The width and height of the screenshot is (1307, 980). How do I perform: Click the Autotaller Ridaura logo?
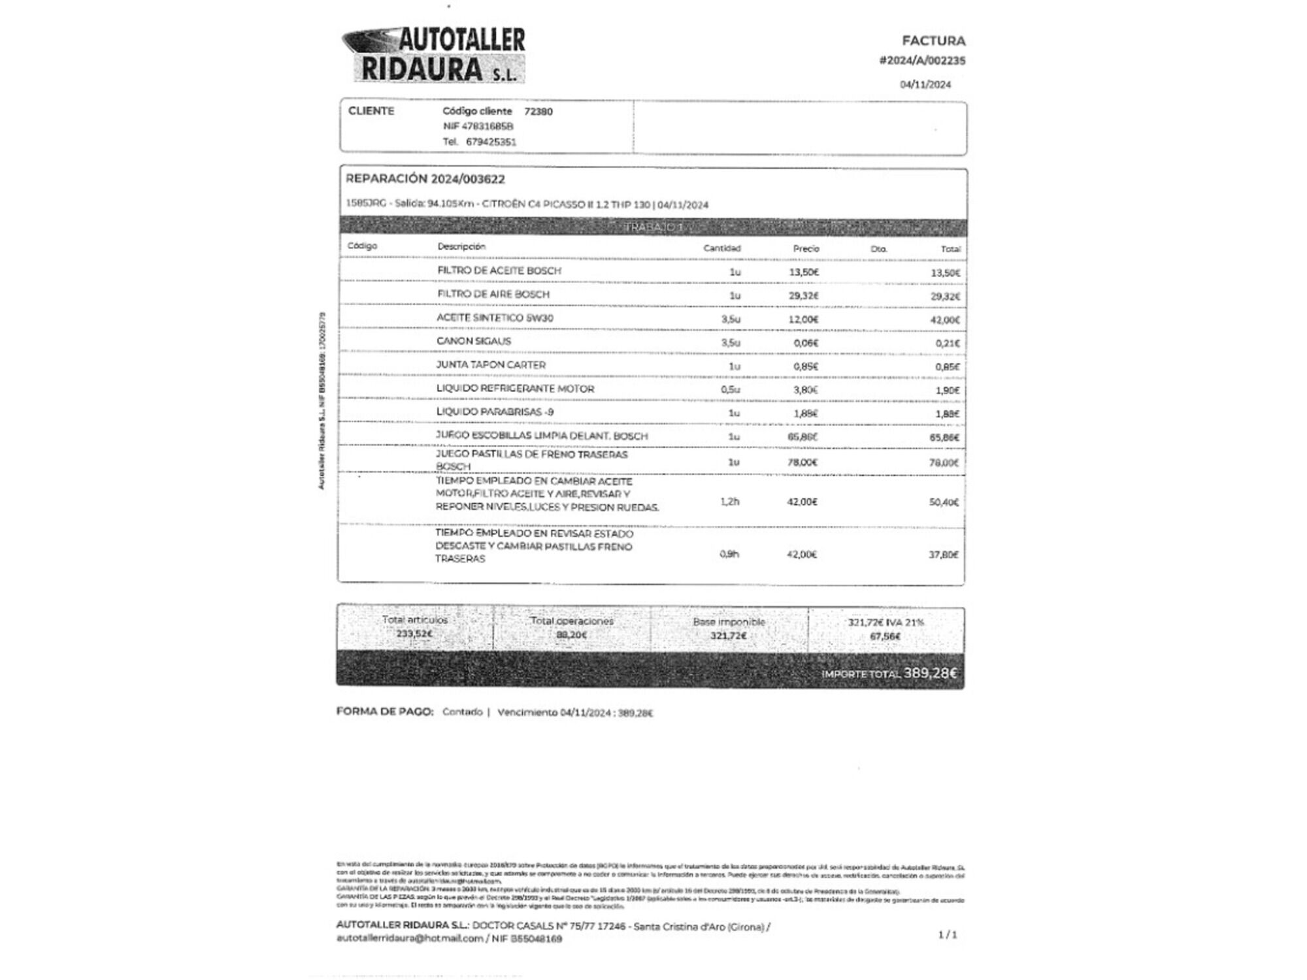point(434,55)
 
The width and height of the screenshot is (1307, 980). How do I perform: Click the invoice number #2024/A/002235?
point(922,61)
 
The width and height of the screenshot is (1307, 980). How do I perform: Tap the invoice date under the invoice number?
point(925,84)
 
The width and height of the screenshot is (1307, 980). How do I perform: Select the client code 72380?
point(538,112)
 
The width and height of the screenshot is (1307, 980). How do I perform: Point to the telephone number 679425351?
point(491,142)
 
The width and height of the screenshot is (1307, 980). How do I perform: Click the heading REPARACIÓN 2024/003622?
point(425,179)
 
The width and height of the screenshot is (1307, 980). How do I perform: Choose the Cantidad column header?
point(721,248)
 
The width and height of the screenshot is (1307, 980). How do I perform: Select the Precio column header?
point(806,248)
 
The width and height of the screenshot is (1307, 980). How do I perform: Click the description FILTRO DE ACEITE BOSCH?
point(499,270)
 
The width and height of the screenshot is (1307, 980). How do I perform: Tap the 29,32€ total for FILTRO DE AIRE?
point(945,297)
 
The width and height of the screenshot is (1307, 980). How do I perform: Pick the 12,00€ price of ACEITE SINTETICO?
point(803,319)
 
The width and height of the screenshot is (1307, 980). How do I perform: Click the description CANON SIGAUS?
point(474,341)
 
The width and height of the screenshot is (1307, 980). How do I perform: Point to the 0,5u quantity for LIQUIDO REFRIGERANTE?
point(730,390)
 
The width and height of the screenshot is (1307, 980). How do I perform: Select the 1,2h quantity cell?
point(729,502)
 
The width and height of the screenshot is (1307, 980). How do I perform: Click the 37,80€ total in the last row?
point(943,555)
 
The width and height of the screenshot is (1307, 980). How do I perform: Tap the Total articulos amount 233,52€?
point(414,634)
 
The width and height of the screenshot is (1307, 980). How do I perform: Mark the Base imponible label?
point(729,622)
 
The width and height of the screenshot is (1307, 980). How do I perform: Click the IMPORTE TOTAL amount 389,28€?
point(930,673)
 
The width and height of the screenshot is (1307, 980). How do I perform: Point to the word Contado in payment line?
point(462,712)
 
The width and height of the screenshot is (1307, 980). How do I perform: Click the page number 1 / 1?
point(947,935)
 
